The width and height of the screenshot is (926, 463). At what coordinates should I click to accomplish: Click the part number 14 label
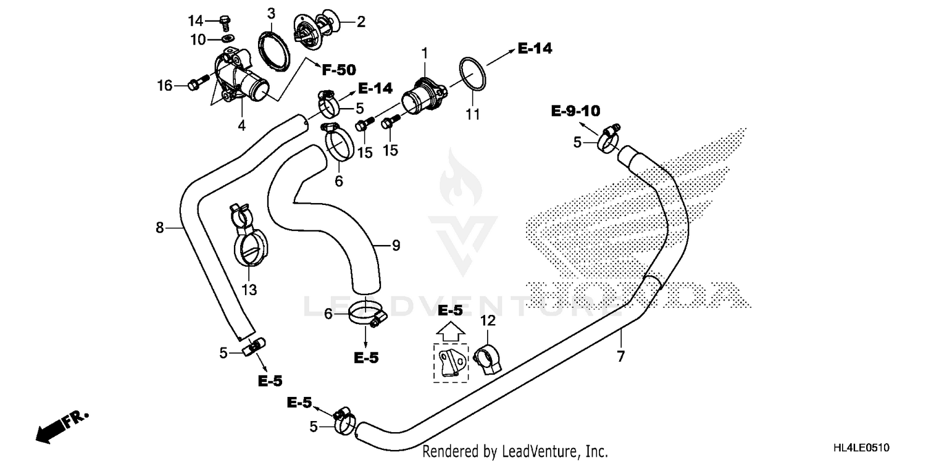pyautogui.click(x=196, y=21)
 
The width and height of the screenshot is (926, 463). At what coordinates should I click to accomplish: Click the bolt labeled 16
pyautogui.click(x=195, y=85)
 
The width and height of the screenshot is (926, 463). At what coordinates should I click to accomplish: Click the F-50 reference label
pyautogui.click(x=338, y=70)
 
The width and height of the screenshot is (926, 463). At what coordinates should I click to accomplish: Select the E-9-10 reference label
pyautogui.click(x=575, y=111)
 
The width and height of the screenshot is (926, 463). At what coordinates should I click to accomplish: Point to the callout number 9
pyautogui.click(x=395, y=245)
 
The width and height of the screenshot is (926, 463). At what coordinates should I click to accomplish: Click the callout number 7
pyautogui.click(x=620, y=356)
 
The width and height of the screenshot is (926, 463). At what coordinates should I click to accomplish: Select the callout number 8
pyautogui.click(x=160, y=228)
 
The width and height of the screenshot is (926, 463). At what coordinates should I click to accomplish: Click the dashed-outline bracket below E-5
pyautogui.click(x=451, y=362)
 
